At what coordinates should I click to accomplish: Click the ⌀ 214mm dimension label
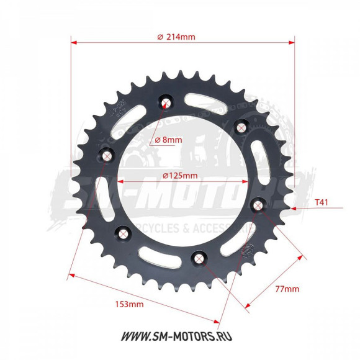(177, 37)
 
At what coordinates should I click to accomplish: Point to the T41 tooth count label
(322, 202)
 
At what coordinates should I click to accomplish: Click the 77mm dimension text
(287, 289)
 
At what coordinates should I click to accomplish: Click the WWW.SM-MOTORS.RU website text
(180, 336)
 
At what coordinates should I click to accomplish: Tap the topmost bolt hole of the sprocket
(165, 102)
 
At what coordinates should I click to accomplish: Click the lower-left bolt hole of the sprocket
(124, 233)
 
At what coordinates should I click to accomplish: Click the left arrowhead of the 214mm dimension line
(74, 43)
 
